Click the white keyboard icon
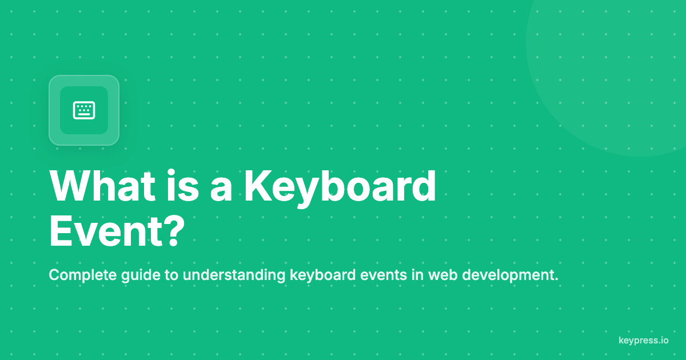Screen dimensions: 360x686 click(84, 110)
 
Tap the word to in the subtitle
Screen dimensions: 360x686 click(171, 275)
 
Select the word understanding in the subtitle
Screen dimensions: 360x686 click(234, 275)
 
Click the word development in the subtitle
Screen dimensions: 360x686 click(508, 275)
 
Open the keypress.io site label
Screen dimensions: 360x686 click(643, 341)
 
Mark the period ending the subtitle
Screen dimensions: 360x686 click(556, 280)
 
